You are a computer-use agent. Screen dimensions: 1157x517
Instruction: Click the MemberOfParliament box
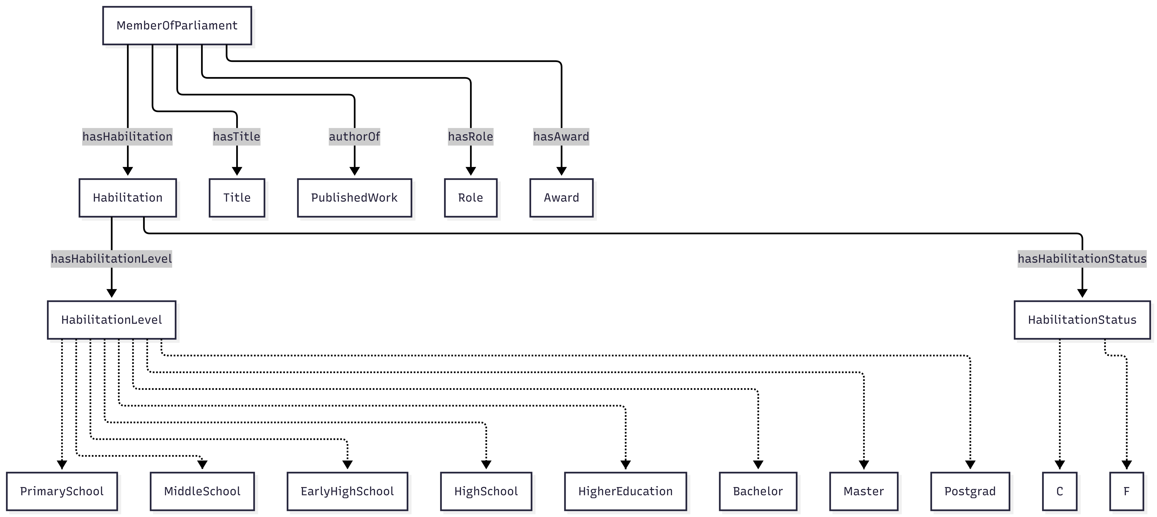click(177, 26)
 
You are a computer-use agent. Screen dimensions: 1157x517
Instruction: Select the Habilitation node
click(127, 198)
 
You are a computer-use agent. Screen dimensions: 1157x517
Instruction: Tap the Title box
click(237, 198)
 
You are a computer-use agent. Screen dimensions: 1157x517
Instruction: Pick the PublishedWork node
click(354, 198)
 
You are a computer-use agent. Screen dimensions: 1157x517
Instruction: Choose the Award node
click(561, 198)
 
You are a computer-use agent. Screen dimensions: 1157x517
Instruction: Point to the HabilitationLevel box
click(111, 320)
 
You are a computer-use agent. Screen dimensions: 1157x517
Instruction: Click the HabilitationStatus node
click(1082, 320)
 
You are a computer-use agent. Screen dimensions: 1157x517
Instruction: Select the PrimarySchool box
click(62, 491)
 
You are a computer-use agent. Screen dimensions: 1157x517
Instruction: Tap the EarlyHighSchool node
click(347, 491)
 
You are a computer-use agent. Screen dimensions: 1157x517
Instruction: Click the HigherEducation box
click(625, 491)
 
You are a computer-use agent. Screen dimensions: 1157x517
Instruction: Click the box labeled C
click(1059, 491)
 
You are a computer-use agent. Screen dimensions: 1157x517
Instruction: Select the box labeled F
click(1126, 491)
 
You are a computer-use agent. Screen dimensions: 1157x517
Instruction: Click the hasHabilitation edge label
click(127, 137)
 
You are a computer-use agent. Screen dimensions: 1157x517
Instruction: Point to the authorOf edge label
click(354, 137)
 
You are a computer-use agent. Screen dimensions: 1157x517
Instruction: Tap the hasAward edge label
click(561, 137)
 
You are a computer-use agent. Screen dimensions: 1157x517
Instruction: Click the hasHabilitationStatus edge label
click(1082, 259)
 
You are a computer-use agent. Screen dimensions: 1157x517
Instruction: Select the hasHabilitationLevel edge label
click(111, 259)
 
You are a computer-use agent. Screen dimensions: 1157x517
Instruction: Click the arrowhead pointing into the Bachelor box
click(758, 464)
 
